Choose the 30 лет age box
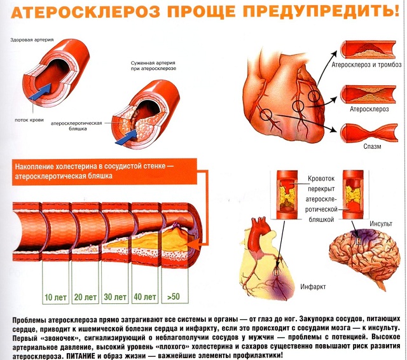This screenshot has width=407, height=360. [x=116, y=297]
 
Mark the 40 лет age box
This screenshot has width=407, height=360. [x=146, y=297]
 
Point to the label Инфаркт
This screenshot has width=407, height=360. [x=313, y=287]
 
